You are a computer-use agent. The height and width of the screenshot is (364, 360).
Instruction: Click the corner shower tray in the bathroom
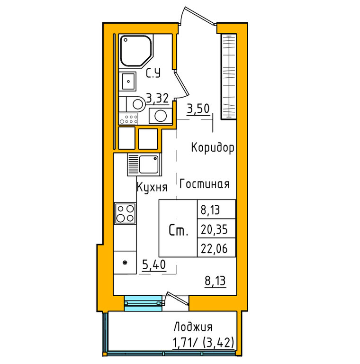(x=136, y=51)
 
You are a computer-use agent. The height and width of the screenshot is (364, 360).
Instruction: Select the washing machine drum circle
(x=161, y=116)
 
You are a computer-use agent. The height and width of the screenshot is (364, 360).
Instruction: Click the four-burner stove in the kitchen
(x=125, y=213)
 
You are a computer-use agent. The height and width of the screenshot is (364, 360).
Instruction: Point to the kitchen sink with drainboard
(x=144, y=164)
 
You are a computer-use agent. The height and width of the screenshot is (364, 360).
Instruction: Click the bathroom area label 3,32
(x=157, y=99)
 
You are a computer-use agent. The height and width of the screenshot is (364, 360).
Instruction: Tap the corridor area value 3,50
(x=198, y=109)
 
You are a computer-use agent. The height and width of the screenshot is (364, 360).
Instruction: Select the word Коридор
(x=213, y=148)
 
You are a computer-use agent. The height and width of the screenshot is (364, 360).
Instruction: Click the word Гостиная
(x=205, y=184)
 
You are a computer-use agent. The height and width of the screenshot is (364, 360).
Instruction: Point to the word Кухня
(x=152, y=187)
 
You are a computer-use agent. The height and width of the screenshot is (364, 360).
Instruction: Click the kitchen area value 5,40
(x=154, y=264)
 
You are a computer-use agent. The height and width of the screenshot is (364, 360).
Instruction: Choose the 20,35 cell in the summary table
(x=216, y=228)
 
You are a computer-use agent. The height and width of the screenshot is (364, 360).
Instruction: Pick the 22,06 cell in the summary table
(x=216, y=247)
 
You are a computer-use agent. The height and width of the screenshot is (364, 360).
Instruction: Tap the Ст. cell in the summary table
(x=178, y=228)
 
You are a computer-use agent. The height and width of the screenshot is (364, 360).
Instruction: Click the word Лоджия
(x=193, y=327)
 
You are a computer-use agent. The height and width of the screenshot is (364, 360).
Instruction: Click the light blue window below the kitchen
(x=143, y=303)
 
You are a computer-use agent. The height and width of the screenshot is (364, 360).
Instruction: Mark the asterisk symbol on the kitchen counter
(x=125, y=263)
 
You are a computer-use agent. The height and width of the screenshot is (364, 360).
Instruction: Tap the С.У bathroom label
(x=153, y=73)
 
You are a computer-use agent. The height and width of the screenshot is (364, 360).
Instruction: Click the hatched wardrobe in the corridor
(x=228, y=77)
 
